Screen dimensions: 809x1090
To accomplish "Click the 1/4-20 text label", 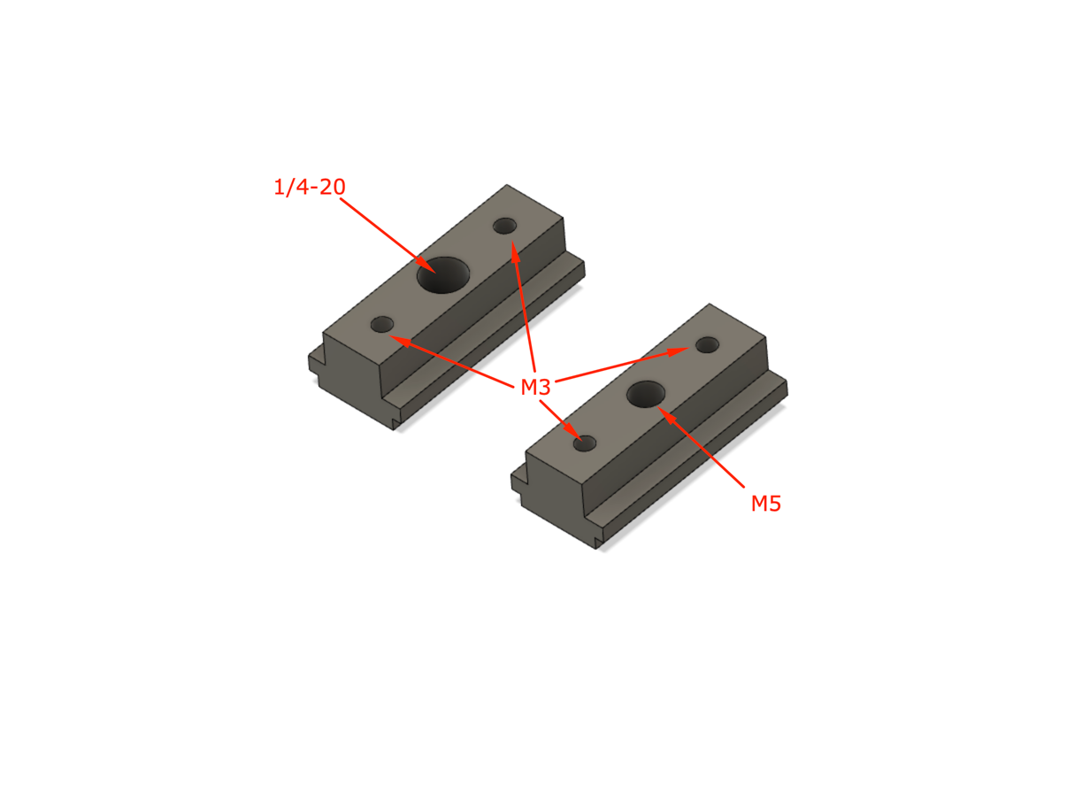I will tap(309, 187).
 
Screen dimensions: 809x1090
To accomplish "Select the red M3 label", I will tap(535, 387).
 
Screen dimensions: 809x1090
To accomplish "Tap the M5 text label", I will tap(766, 504).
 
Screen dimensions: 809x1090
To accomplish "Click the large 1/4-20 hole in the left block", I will tap(443, 275).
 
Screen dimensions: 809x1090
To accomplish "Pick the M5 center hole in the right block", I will tap(647, 394).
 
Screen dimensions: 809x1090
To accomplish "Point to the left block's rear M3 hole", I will tap(505, 226).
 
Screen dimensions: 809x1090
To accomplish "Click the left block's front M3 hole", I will tap(382, 324).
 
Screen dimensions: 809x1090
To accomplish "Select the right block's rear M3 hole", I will tap(707, 345).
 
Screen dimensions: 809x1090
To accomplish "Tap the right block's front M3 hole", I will tap(585, 443).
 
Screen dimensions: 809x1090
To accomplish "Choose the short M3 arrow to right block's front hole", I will tap(558, 416).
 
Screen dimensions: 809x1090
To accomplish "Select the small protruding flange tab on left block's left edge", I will tap(313, 364).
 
